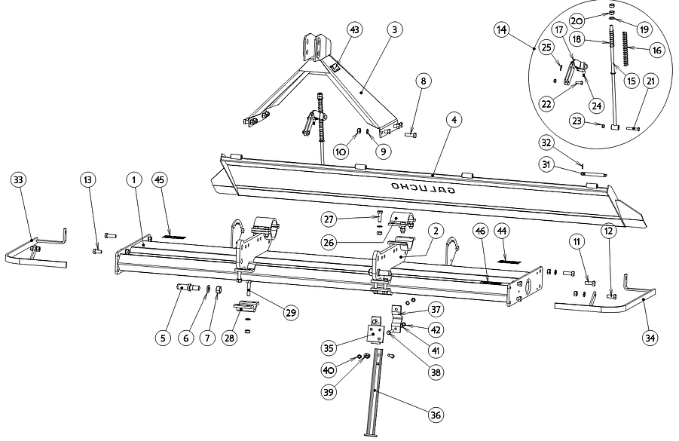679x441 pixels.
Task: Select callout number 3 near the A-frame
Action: [393, 29]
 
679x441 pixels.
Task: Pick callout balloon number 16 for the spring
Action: [656, 50]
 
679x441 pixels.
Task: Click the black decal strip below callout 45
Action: [171, 236]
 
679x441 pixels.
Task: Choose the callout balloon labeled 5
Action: [162, 338]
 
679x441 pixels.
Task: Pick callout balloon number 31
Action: [547, 164]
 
